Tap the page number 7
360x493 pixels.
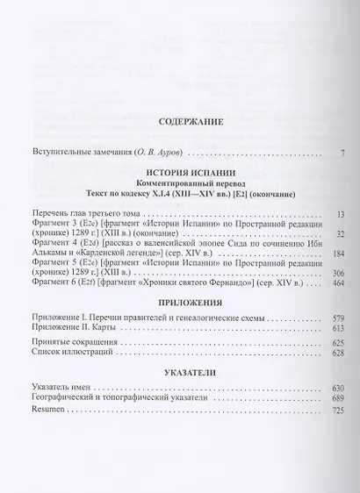[x=342, y=154]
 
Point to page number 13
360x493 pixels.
[x=340, y=215]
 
